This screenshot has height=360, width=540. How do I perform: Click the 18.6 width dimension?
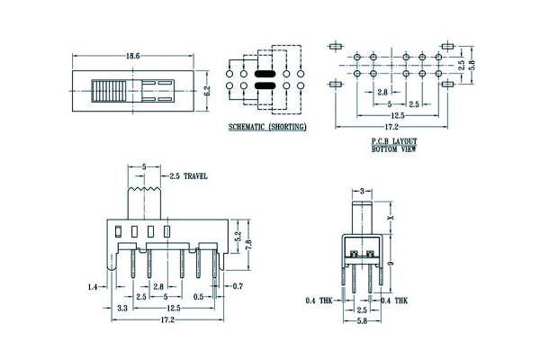pyautogui.click(x=133, y=56)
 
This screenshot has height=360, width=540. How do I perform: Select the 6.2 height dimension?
pyautogui.click(x=206, y=90)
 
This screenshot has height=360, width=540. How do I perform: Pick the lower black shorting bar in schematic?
pyautogui.click(x=264, y=86)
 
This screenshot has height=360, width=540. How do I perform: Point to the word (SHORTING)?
pyautogui.click(x=289, y=128)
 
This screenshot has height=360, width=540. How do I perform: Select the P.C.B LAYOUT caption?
pyautogui.click(x=391, y=141)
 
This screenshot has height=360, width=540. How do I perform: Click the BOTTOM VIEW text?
pyautogui.click(x=391, y=148)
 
